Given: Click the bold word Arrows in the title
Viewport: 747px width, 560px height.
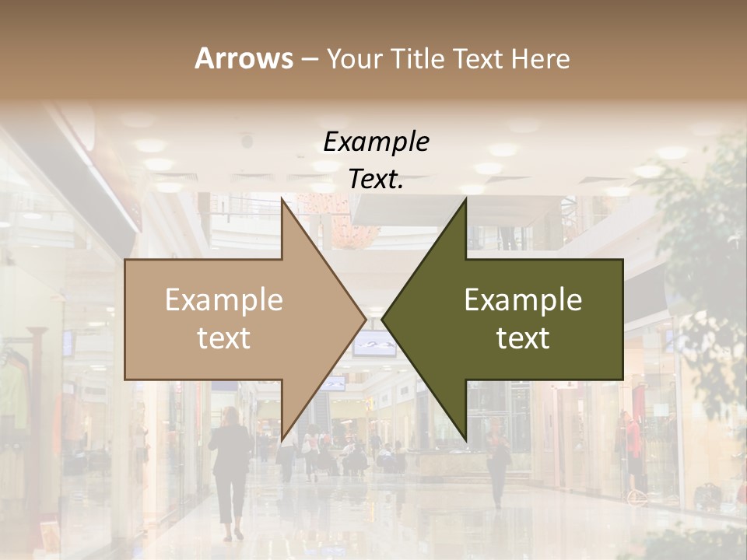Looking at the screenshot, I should (x=244, y=58).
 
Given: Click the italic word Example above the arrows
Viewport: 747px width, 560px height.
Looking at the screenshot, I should (x=376, y=142).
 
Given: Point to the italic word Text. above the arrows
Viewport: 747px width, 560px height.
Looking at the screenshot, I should (x=376, y=180).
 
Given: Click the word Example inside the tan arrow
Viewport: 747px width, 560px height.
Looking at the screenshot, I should (x=224, y=300).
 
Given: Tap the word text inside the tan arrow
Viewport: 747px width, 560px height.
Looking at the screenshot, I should (x=224, y=338).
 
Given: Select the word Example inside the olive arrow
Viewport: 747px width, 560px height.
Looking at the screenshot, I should (x=523, y=300).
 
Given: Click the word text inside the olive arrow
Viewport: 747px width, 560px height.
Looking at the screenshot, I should (x=523, y=338).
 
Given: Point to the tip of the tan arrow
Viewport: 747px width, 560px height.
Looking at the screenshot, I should (x=364, y=319).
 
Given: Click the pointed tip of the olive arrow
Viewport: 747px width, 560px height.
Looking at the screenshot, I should (x=384, y=319).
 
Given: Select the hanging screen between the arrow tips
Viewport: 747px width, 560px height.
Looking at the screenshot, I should (x=373, y=343).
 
